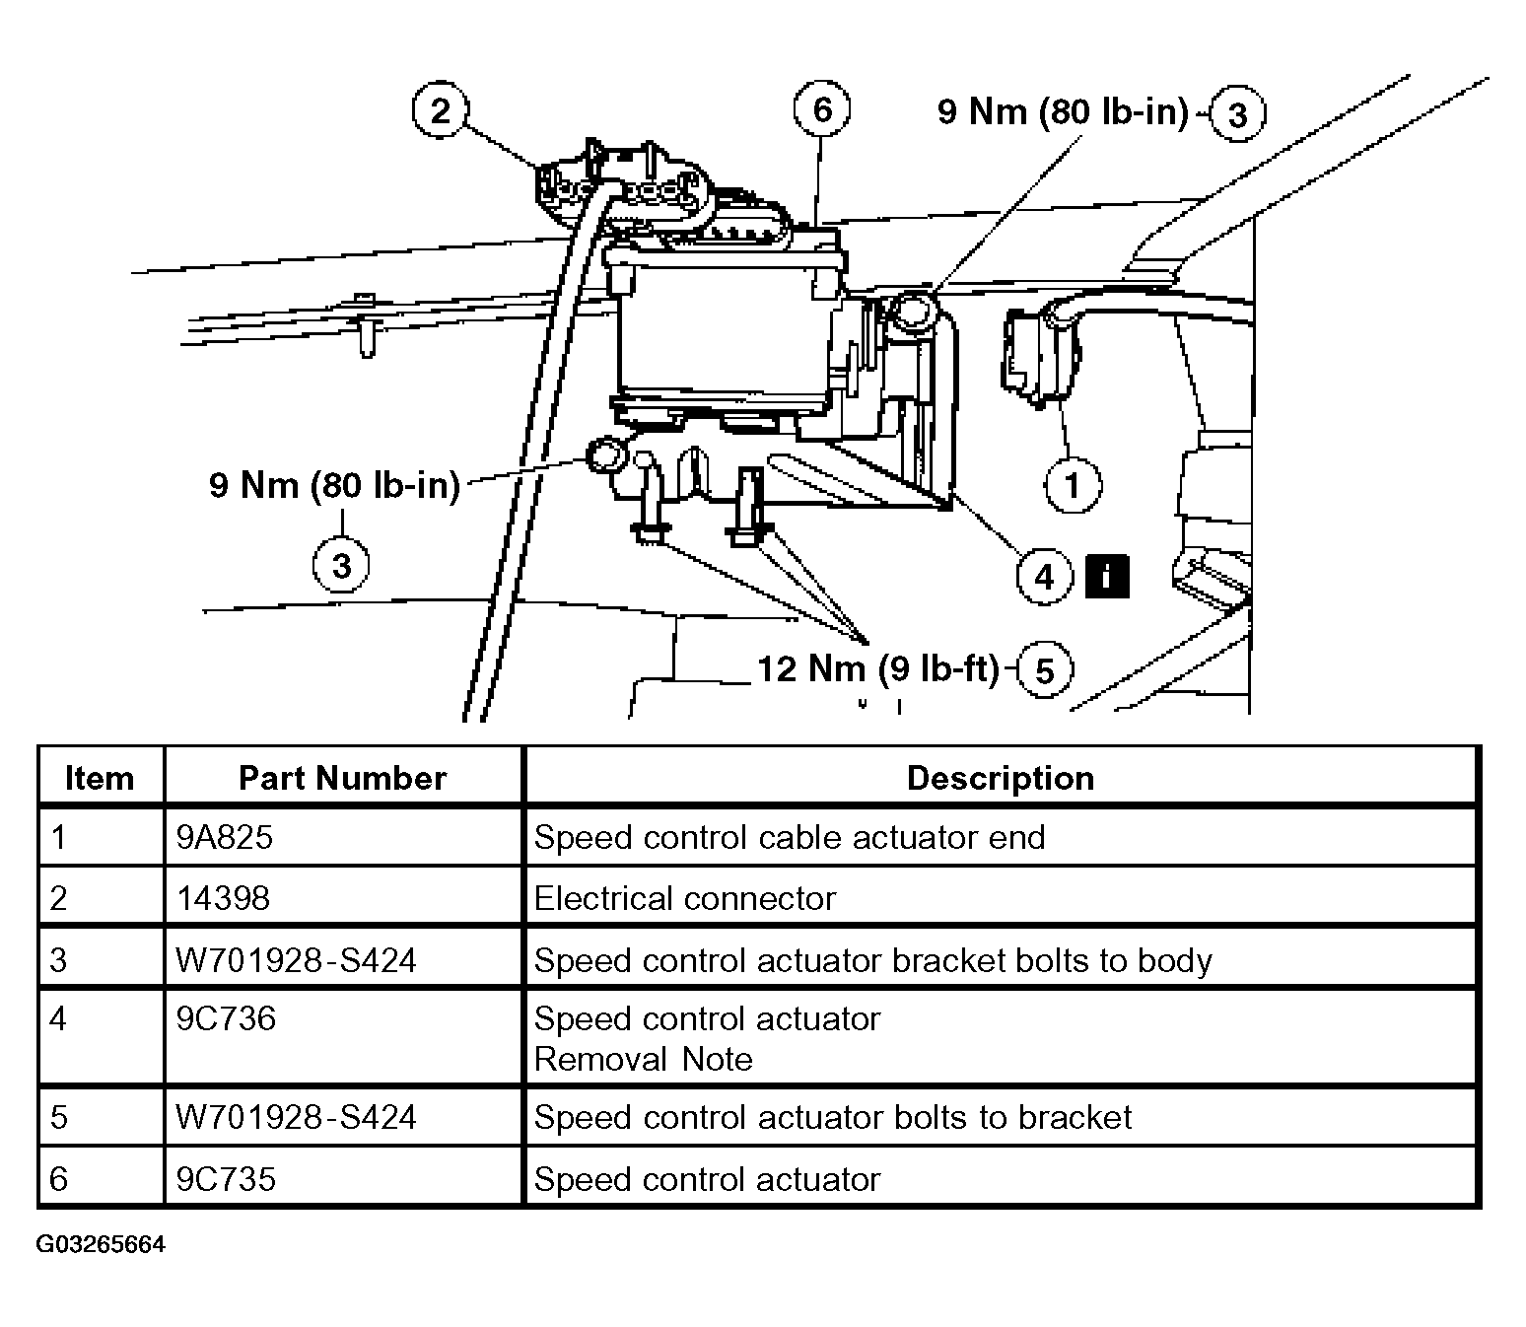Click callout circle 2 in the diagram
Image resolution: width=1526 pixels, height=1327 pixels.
point(440,109)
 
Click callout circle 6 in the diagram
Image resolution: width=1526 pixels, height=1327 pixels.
point(821,108)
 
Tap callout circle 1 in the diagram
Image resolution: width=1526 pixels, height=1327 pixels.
point(1072,485)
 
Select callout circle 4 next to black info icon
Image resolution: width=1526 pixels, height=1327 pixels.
point(1044,576)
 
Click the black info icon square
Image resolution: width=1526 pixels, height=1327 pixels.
point(1106,576)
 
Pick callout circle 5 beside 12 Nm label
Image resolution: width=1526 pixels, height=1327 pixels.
point(1044,671)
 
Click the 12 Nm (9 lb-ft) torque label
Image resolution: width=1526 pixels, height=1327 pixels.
point(877,669)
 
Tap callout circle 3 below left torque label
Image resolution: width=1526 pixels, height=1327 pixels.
point(341,567)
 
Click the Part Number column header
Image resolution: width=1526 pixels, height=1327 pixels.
point(342,778)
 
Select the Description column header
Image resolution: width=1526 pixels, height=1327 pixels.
point(1000,778)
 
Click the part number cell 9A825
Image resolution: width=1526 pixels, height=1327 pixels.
point(224,838)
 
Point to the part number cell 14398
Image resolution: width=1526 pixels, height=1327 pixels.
point(223,898)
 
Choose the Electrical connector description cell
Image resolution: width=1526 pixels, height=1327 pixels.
point(684,898)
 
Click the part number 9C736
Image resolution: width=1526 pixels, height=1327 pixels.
point(226,1018)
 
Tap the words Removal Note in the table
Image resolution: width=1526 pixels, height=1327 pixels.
point(643,1059)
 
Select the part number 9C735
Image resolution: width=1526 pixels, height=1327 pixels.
point(226,1179)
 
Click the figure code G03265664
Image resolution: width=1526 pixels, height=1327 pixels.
point(101,1244)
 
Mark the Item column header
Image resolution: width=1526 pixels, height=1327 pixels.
point(99,778)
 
